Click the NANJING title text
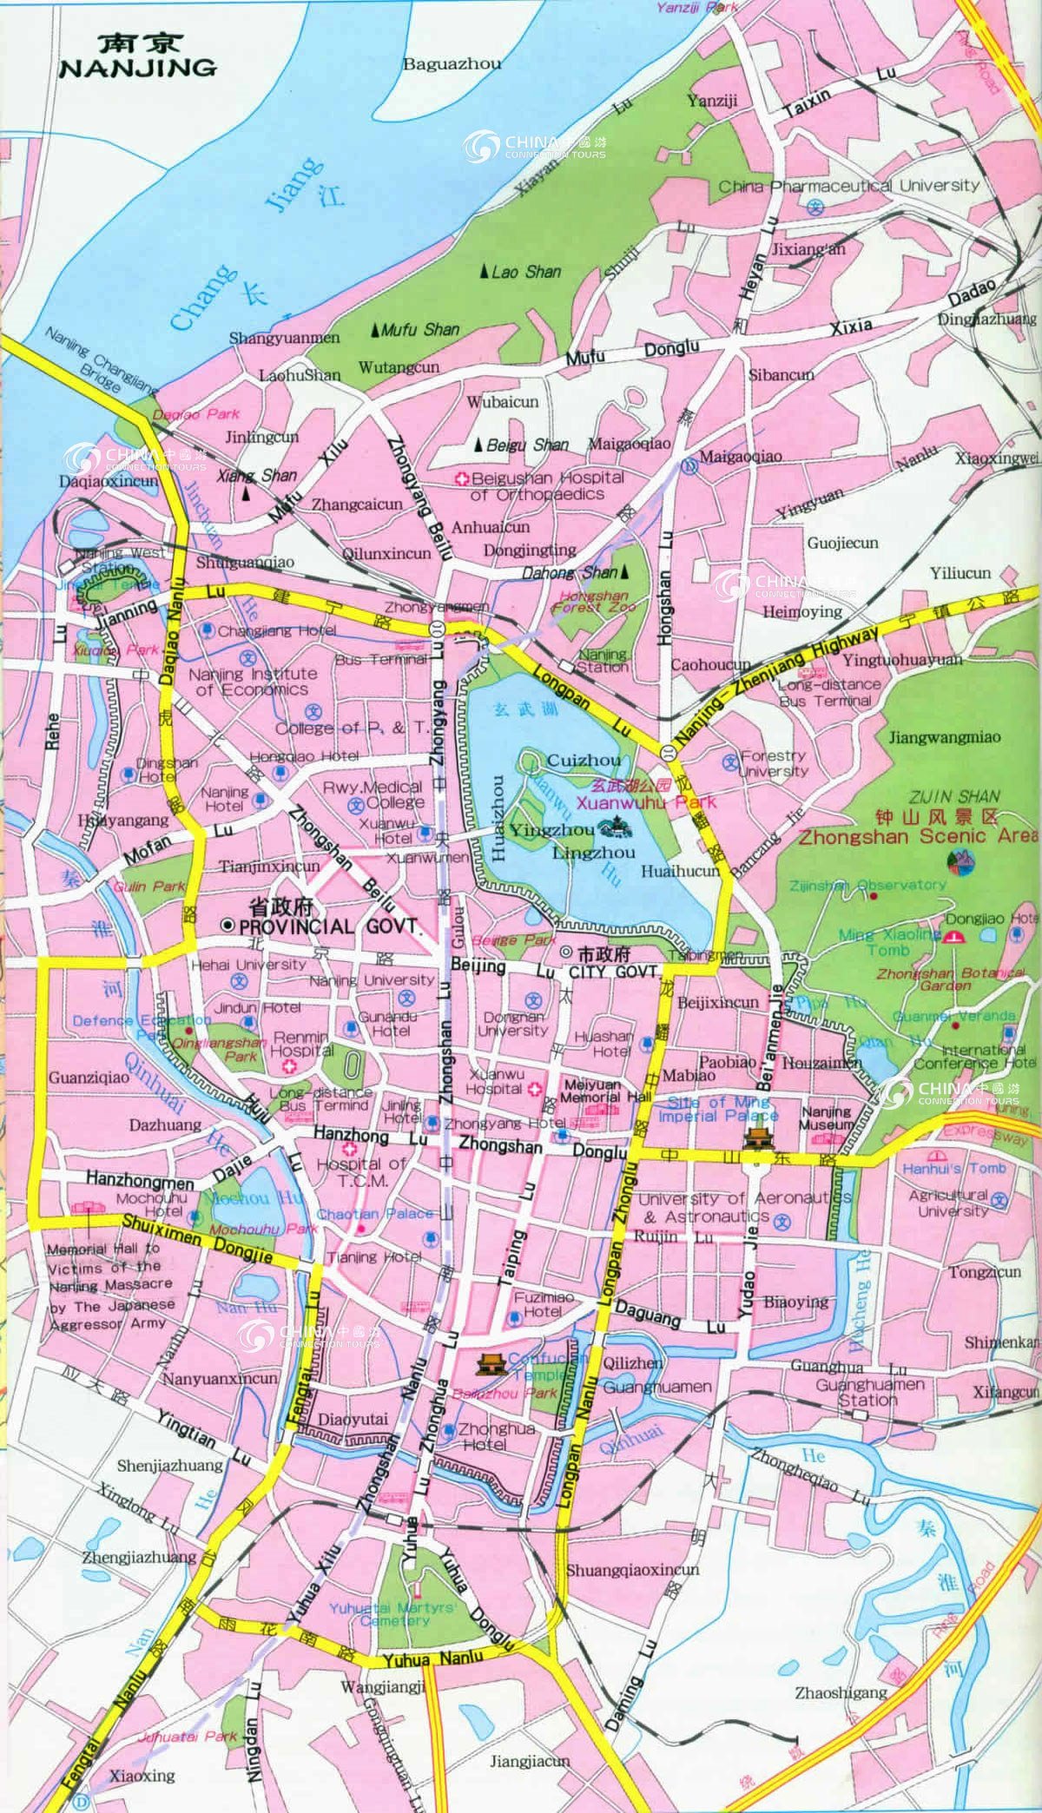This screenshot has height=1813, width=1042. click(137, 68)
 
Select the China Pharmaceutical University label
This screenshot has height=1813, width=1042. click(848, 186)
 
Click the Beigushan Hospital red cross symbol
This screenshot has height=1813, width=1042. click(464, 478)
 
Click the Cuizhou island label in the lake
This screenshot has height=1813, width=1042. click(584, 761)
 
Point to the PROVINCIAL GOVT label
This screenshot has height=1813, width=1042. click(329, 926)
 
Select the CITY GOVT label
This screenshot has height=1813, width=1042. click(610, 972)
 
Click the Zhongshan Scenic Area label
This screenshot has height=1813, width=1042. click(917, 837)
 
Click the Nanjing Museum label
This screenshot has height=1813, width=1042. click(826, 1117)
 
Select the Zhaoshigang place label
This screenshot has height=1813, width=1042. click(841, 1692)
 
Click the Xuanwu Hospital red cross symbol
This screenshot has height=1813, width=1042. click(536, 1088)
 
